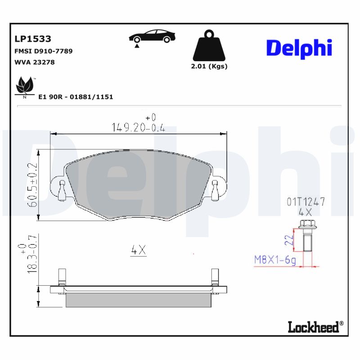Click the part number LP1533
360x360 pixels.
[x=33, y=39]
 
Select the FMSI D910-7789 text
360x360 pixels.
[x=44, y=51]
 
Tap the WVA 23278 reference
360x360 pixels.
[x=35, y=62]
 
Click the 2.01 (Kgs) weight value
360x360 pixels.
[x=209, y=66]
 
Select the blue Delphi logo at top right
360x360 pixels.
[x=299, y=48]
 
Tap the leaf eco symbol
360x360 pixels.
[x=25, y=85]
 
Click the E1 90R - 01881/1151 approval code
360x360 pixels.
[x=76, y=97]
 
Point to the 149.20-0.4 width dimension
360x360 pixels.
[x=138, y=128]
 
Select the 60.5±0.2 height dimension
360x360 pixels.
[x=32, y=184]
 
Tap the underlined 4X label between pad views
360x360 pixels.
[x=139, y=251]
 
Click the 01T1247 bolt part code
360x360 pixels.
[x=306, y=202]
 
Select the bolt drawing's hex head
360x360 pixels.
[x=306, y=224]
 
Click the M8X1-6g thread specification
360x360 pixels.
[x=275, y=260]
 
